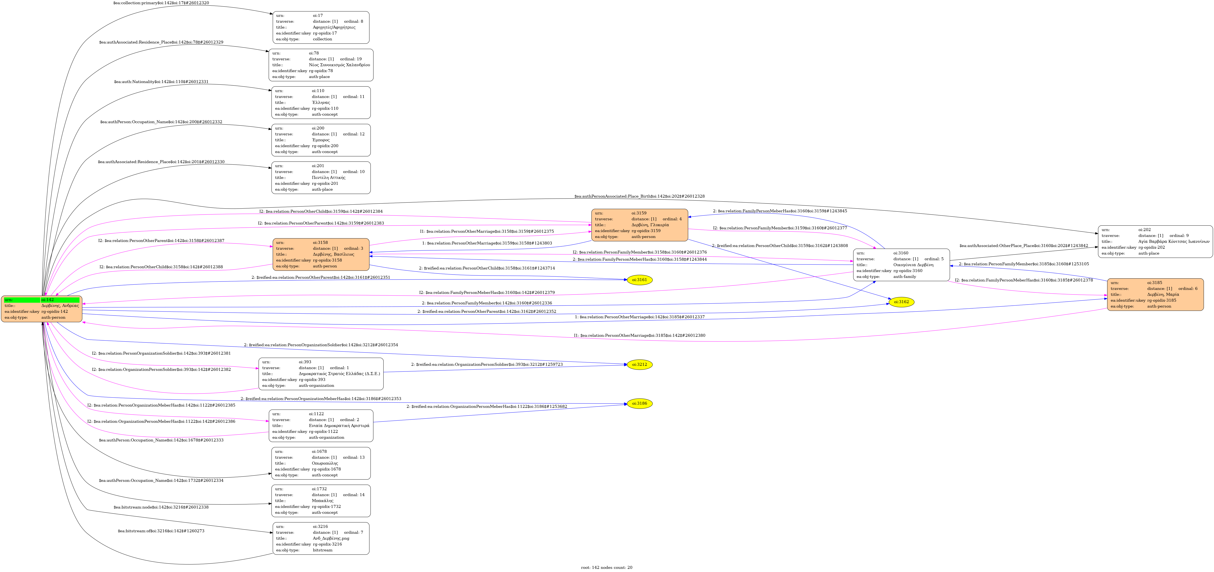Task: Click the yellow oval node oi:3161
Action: [x=639, y=280]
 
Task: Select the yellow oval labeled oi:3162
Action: [x=901, y=302]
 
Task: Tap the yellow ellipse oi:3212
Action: [x=639, y=365]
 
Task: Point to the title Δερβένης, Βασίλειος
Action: [x=333, y=254]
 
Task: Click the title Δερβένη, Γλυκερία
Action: [x=650, y=225]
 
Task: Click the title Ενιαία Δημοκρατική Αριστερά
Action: [x=339, y=425]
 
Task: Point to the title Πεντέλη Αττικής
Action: [x=329, y=178]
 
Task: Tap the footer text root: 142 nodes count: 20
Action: [x=607, y=567]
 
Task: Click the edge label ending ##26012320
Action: [x=161, y=3]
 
